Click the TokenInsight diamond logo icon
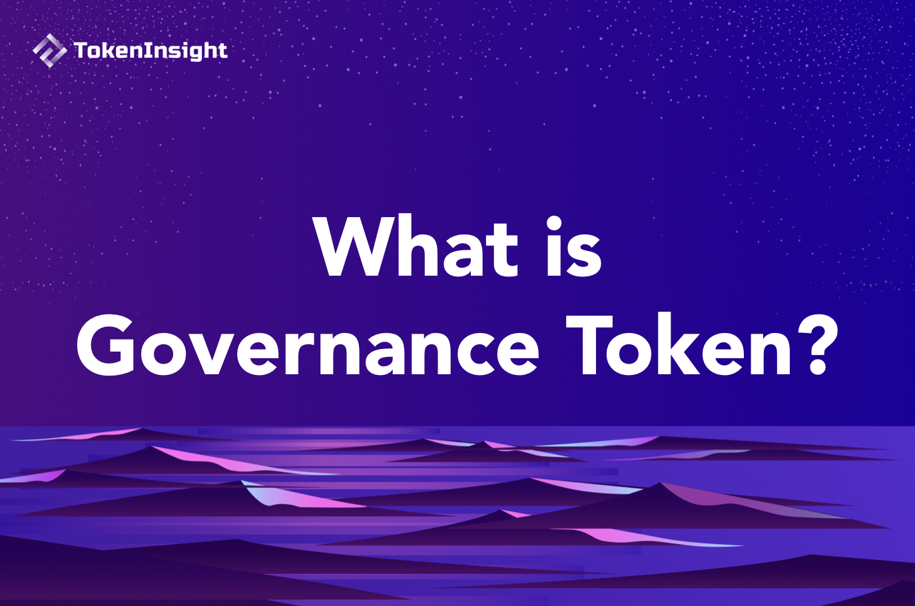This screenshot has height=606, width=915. coord(49,51)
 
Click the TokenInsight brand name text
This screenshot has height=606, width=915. coord(151,51)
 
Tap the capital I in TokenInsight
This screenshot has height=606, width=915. coord(147,51)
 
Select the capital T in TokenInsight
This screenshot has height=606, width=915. coord(81,50)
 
